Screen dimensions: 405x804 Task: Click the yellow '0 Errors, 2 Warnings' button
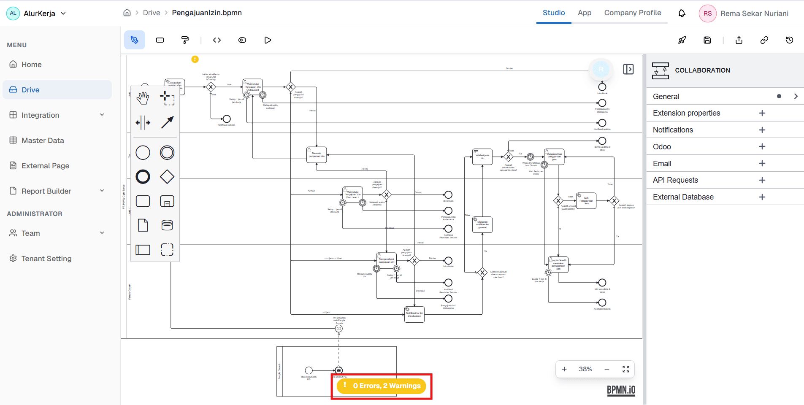click(x=382, y=386)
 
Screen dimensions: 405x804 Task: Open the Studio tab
click(x=553, y=13)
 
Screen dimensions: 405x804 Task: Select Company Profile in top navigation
click(x=632, y=13)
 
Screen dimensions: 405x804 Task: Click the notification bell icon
click(x=682, y=13)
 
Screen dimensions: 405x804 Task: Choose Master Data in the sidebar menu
click(x=43, y=140)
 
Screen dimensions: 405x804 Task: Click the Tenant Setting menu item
click(x=46, y=259)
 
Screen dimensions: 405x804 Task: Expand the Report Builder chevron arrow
click(x=102, y=191)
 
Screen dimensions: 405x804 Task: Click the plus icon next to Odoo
click(x=762, y=147)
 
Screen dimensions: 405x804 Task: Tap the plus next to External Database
click(x=762, y=197)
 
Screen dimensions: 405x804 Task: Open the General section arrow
click(x=796, y=96)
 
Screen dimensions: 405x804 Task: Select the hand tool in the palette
click(x=143, y=98)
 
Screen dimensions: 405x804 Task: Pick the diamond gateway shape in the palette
click(x=167, y=177)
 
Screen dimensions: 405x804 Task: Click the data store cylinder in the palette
click(x=167, y=225)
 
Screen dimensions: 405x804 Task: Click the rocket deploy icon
click(x=682, y=40)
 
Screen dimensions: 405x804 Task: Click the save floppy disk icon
click(x=707, y=40)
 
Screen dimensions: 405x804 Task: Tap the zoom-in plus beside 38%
click(x=564, y=369)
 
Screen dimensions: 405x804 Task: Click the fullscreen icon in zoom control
click(x=626, y=369)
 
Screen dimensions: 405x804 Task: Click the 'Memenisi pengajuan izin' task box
click(x=317, y=155)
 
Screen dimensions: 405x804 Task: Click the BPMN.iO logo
click(x=621, y=390)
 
